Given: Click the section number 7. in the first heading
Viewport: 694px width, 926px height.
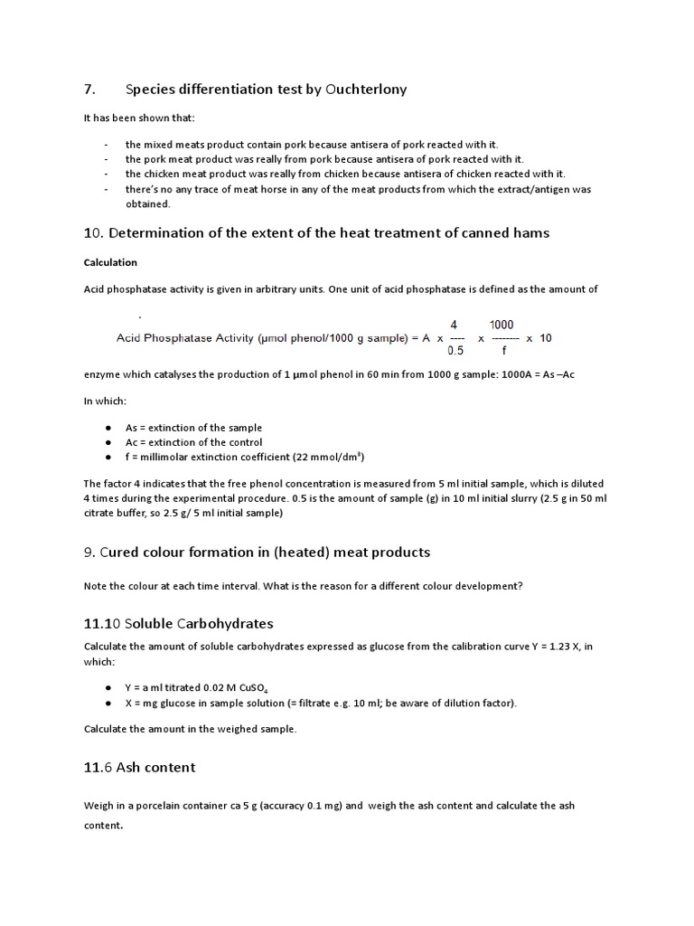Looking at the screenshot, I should tap(89, 89).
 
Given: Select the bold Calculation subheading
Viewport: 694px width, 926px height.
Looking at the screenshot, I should tap(110, 262).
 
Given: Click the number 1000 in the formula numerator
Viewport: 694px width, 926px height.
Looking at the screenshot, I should tap(502, 324).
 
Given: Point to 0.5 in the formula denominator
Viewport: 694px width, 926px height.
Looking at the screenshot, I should tap(455, 353).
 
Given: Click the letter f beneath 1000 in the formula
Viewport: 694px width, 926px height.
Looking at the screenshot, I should tap(502, 353).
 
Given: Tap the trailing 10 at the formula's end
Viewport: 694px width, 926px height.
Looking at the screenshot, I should tap(545, 338).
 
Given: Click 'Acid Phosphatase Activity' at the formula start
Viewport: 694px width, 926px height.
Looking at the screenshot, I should tap(182, 338).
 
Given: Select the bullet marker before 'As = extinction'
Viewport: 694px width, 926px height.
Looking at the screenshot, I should tap(108, 428).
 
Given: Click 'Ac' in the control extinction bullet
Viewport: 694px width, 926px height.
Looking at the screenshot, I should tap(131, 442).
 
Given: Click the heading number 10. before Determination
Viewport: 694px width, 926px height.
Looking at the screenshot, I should tap(94, 232).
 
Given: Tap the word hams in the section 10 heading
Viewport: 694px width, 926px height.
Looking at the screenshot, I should tap(532, 232).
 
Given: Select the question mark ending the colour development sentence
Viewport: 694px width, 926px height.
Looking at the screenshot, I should tap(520, 586).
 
